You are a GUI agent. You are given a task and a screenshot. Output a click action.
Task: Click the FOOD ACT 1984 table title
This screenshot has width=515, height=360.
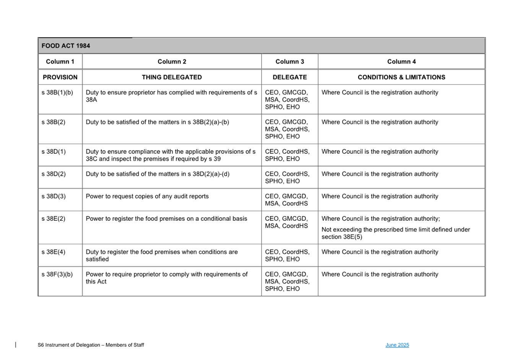pyautogui.click(x=66, y=46)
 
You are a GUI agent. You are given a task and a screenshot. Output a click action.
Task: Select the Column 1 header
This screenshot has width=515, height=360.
pyautogui.click(x=60, y=62)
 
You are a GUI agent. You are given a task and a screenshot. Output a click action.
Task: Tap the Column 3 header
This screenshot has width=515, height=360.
pyautogui.click(x=290, y=62)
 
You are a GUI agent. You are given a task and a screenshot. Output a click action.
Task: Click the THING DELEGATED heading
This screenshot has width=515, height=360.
pyautogui.click(x=172, y=77)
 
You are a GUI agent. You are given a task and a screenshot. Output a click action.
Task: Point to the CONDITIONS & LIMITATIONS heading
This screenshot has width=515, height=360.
pyautogui.click(x=401, y=77)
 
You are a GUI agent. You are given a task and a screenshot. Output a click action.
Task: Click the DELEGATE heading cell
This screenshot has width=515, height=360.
pyautogui.click(x=290, y=77)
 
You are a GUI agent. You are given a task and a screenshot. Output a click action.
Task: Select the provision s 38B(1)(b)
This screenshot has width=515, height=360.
pyautogui.click(x=57, y=93)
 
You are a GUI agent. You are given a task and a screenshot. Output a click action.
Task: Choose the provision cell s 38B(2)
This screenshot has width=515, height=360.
pyautogui.click(x=54, y=122)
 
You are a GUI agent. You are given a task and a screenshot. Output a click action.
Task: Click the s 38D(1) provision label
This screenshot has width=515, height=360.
pyautogui.click(x=54, y=151)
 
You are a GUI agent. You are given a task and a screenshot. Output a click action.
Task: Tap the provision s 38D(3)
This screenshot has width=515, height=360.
pyautogui.click(x=54, y=196)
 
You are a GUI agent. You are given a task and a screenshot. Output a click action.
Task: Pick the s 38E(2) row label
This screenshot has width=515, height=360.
pyautogui.click(x=54, y=218)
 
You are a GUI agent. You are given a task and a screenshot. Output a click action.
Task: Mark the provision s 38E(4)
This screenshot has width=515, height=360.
pyautogui.click(x=54, y=252)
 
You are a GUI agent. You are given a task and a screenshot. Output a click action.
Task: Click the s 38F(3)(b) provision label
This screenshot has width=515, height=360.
pyautogui.click(x=57, y=274)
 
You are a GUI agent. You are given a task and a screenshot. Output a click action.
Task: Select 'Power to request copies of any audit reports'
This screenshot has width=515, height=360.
pyautogui.click(x=147, y=196)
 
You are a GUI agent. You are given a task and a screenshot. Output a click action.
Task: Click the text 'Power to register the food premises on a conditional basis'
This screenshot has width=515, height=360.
pyautogui.click(x=166, y=218)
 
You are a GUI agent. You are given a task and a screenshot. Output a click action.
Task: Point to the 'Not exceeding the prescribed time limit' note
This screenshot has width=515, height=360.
pyautogui.click(x=396, y=233)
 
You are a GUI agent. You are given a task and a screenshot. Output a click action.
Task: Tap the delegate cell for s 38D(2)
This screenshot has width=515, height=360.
pyautogui.click(x=287, y=177)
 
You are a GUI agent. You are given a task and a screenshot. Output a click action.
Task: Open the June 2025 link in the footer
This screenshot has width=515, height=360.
pyautogui.click(x=397, y=345)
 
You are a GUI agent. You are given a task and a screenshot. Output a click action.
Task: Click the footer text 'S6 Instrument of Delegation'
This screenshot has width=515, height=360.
pyautogui.click(x=91, y=345)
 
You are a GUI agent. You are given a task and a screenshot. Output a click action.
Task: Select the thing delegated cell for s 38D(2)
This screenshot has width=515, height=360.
pyautogui.click(x=158, y=174)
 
